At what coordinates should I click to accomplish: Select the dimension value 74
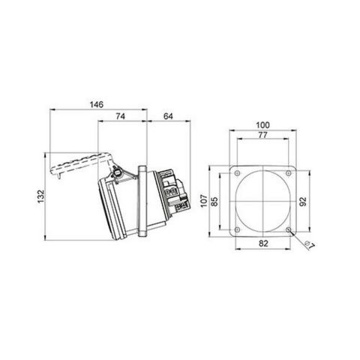(121, 116)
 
